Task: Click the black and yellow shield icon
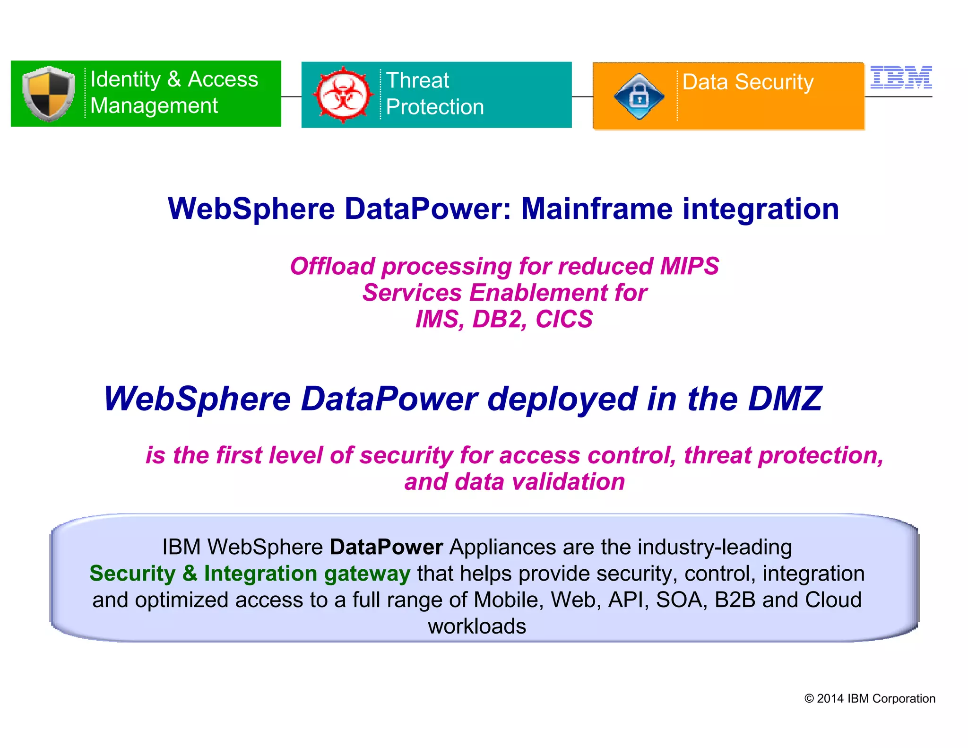coord(48,93)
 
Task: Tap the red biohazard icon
coord(343,95)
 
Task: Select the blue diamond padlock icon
coord(639,96)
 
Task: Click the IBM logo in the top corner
coord(901,77)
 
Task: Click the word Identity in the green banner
coord(125,79)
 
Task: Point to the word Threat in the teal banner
coord(417,80)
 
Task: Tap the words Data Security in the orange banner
coord(748,82)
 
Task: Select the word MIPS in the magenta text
coord(689,266)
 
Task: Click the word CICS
coord(564,319)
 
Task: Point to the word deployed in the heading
coord(562,399)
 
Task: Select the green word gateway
coord(367,574)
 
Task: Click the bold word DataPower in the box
coord(386,547)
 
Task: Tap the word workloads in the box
coord(477,626)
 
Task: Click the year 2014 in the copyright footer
coord(830,699)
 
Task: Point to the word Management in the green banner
coord(154,106)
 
